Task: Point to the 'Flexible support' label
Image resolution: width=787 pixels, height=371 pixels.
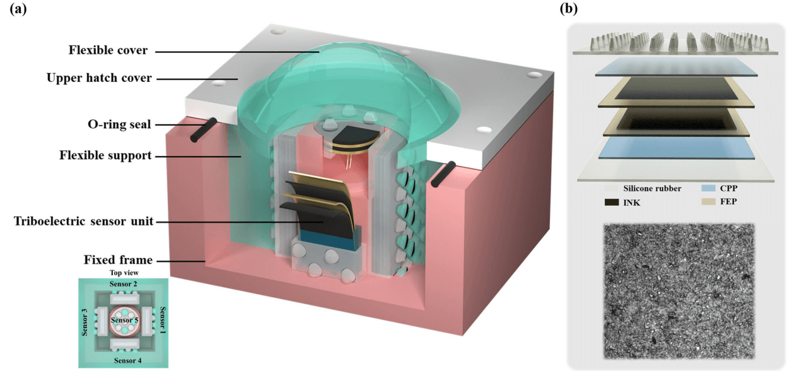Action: tap(105, 155)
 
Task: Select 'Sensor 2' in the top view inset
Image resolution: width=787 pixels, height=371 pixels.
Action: tap(123, 285)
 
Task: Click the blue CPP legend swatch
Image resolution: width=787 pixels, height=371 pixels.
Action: tap(696, 188)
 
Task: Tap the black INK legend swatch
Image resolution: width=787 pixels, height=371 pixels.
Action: tap(610, 203)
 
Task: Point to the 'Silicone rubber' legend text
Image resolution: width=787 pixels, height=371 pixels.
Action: tap(651, 188)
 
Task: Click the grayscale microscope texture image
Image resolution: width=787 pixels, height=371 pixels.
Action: tap(679, 291)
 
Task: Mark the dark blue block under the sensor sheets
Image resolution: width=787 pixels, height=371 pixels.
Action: tap(327, 238)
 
